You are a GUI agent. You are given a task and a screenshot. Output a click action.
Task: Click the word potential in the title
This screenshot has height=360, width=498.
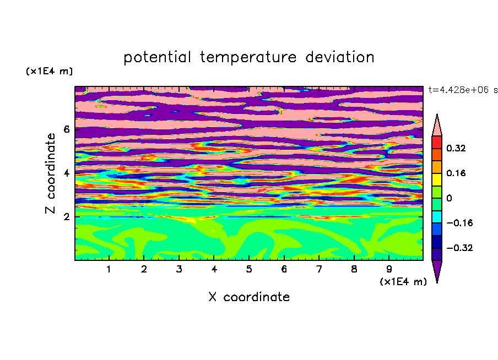click(x=157, y=57)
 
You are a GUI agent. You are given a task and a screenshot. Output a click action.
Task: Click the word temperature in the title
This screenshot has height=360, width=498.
click(x=248, y=57)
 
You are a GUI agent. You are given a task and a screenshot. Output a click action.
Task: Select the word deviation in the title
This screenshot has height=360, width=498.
click(x=340, y=57)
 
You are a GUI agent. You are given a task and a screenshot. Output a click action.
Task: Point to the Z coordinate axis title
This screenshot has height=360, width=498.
click(x=50, y=173)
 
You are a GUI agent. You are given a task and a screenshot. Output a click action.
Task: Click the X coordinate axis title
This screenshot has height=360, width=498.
click(x=249, y=297)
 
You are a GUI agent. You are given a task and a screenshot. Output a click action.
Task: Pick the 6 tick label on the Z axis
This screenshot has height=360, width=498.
click(x=66, y=129)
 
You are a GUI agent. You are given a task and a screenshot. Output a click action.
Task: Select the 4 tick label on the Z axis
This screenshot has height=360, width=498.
click(x=66, y=173)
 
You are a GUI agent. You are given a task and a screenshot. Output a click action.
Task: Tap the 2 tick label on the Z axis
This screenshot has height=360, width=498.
click(x=66, y=217)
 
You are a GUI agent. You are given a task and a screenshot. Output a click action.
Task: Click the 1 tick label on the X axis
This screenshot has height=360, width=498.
click(x=109, y=269)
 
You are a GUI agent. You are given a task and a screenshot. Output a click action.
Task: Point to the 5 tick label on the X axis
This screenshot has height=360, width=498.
click(x=249, y=269)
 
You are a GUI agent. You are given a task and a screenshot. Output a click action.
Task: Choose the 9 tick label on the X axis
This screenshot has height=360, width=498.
click(x=389, y=269)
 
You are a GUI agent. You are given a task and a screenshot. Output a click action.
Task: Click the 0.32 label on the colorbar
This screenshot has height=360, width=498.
click(x=456, y=148)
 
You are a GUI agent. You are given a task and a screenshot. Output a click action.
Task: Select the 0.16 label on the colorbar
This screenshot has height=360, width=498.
click(x=456, y=173)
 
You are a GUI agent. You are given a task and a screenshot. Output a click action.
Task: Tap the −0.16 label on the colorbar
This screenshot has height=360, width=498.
click(x=459, y=223)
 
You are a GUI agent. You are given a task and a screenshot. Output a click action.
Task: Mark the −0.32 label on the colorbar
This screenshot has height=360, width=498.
click(x=459, y=248)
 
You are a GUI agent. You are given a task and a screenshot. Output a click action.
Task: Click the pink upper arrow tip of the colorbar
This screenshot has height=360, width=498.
click(x=437, y=114)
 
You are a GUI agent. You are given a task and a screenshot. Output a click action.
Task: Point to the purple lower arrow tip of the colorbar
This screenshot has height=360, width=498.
click(x=437, y=282)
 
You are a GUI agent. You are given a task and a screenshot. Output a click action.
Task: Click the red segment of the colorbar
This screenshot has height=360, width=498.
click(x=437, y=142)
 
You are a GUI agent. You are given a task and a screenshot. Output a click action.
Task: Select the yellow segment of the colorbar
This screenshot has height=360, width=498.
click(x=437, y=179)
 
